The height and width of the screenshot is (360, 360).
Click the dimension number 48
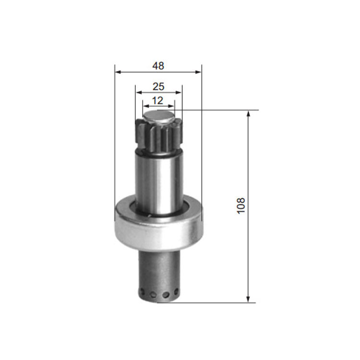pyautogui.click(x=158, y=66)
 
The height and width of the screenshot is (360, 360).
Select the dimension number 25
pyautogui.click(x=158, y=86)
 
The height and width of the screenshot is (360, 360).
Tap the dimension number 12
pyautogui.click(x=157, y=101)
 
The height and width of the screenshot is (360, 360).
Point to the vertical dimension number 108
pyautogui.click(x=241, y=206)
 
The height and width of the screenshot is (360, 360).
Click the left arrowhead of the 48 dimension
pyautogui.click(x=118, y=72)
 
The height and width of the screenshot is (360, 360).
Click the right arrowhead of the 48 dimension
pyautogui.click(x=198, y=72)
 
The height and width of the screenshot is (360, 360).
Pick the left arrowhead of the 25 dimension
pyautogui.click(x=139, y=93)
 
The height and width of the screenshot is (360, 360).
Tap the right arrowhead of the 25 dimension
pyautogui.click(x=179, y=93)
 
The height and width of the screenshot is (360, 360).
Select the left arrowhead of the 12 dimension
pyautogui.click(x=146, y=106)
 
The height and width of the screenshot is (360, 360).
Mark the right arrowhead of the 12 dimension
pyautogui.click(x=171, y=106)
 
